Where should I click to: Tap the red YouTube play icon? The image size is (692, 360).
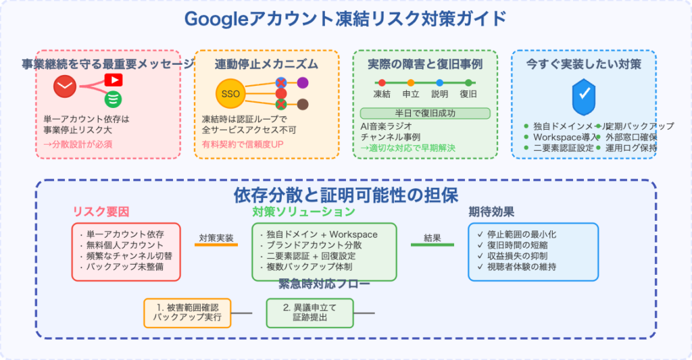[x=114, y=80]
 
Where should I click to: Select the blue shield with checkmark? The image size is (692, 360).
[x=583, y=98]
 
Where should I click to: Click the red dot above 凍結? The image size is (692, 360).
[x=382, y=82]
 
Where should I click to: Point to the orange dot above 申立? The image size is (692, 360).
[x=410, y=82]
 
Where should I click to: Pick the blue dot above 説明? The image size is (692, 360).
[x=439, y=82]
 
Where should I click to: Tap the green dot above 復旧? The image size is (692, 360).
[x=468, y=82]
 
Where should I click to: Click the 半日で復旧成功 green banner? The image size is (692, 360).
[x=425, y=113]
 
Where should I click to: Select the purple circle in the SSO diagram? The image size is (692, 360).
[x=303, y=82]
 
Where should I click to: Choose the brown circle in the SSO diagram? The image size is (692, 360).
[x=303, y=104]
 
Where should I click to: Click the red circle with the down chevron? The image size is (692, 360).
[x=66, y=86]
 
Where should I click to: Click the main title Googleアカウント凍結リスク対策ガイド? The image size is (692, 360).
[x=345, y=19]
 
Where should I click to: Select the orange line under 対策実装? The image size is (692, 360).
[x=216, y=245]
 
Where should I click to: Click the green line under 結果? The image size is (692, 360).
[x=432, y=245]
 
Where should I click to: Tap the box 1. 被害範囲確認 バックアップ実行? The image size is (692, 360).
[x=187, y=312]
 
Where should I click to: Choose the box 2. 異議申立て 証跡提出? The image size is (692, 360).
[x=310, y=312]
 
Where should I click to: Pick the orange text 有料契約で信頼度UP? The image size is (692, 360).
[x=243, y=144]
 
